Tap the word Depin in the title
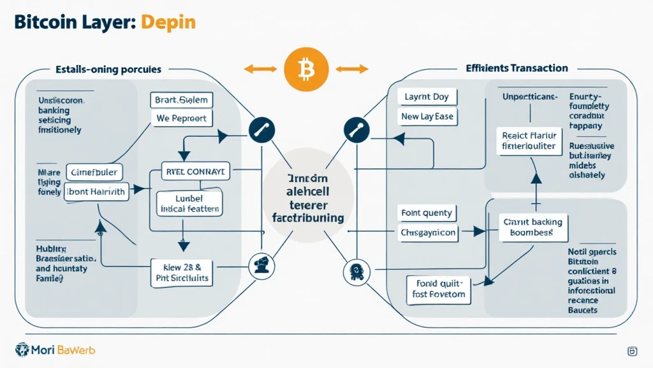point(168,22)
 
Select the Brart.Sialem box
point(182,100)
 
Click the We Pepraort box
point(182,118)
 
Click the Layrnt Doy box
point(427,97)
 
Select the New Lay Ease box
point(427,116)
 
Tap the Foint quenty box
point(426,213)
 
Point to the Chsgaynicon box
point(429,233)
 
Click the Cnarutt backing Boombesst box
point(533,227)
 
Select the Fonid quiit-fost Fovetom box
point(438,288)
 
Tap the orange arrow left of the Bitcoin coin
point(260,68)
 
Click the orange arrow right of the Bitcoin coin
point(352,68)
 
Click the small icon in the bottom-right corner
point(633,351)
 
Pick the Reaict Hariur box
point(529,141)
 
